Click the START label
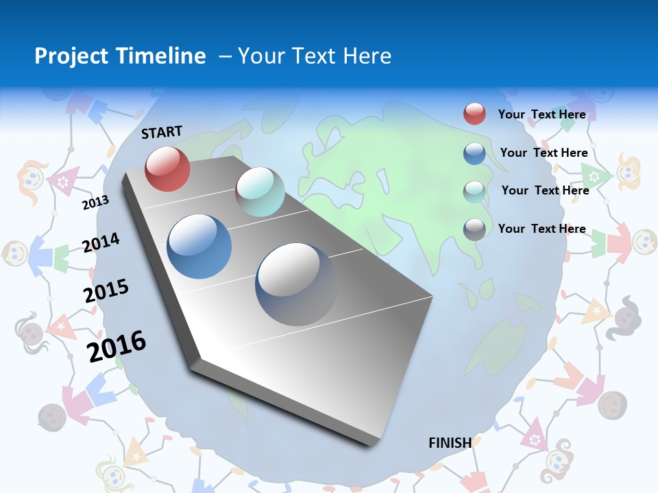(162, 132)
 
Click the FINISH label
(450, 442)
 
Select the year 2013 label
(95, 202)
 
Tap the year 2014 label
(101, 242)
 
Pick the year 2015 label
(106, 291)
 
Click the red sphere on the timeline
(167, 168)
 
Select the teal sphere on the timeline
(260, 192)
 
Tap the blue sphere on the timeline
(199, 246)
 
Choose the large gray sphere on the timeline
(296, 283)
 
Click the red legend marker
(474, 114)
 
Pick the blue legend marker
(474, 153)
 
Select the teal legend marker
(474, 191)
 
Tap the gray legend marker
(474, 229)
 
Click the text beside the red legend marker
(541, 114)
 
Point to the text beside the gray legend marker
(541, 229)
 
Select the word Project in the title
(71, 56)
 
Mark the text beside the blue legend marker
(544, 153)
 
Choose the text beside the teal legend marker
(545, 190)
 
